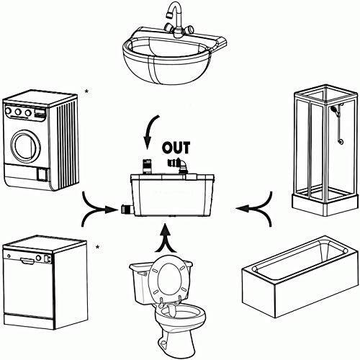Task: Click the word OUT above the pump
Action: click(176, 148)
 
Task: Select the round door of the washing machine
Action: click(25, 146)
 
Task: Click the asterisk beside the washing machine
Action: click(86, 91)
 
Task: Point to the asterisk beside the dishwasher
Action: click(97, 247)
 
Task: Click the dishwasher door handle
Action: click(27, 261)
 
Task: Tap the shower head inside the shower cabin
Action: click(333, 109)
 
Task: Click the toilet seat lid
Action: click(169, 279)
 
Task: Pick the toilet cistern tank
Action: click(139, 283)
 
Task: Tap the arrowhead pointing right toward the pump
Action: click(111, 210)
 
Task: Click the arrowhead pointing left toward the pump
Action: click(243, 208)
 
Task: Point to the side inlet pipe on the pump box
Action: click(127, 210)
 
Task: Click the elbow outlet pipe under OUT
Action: click(178, 165)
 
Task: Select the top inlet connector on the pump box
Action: click(147, 166)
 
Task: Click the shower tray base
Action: click(325, 204)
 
